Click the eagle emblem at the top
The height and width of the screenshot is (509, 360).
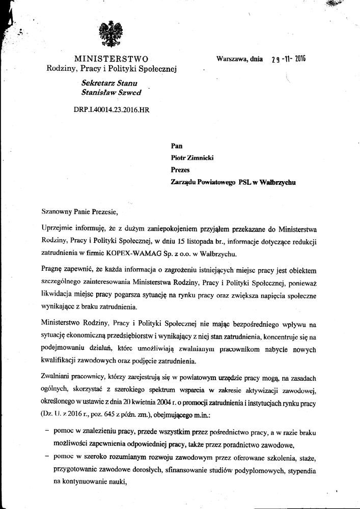[x=108, y=35]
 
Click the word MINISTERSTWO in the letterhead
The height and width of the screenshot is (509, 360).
[x=111, y=59]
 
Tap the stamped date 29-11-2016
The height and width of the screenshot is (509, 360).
[x=288, y=59]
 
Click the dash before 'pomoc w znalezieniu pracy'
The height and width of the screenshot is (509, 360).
[x=47, y=430]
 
